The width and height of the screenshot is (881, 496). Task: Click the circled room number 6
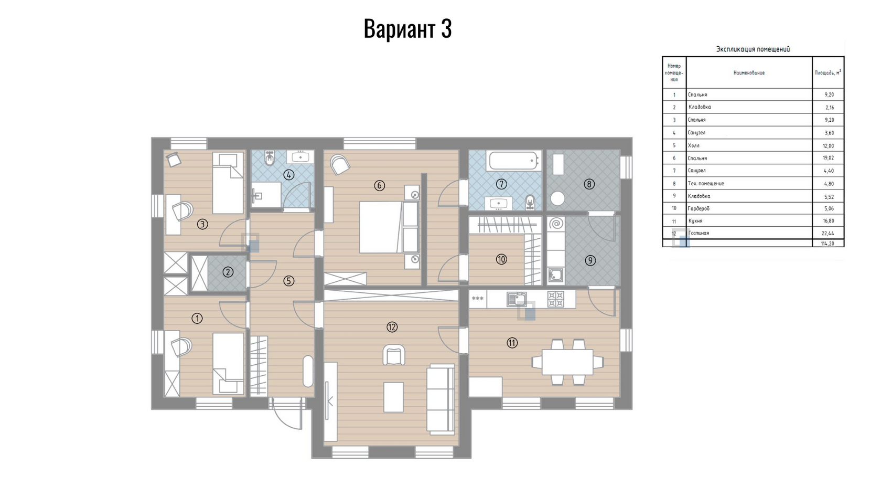point(379,185)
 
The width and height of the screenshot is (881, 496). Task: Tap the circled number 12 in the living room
point(392,327)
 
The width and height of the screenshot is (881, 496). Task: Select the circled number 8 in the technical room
point(589,184)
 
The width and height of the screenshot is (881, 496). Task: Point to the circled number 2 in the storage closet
point(228,272)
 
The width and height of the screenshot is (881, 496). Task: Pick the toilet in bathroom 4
point(270,158)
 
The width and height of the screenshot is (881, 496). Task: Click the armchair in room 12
point(394,355)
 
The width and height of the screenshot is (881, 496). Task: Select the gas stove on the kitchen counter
point(556,299)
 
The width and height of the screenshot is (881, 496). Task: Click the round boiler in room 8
point(557,198)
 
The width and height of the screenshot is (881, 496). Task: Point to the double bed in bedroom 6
point(389,227)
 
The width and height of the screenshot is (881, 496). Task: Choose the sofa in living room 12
point(441,399)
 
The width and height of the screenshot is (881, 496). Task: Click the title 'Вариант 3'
point(407,29)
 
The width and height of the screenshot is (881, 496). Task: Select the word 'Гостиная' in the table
point(699,233)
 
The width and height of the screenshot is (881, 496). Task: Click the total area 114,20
point(828,244)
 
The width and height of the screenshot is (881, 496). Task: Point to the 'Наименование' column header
point(749,73)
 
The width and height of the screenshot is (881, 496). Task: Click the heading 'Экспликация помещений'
point(753,49)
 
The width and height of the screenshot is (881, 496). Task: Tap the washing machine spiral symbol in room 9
point(556,224)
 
